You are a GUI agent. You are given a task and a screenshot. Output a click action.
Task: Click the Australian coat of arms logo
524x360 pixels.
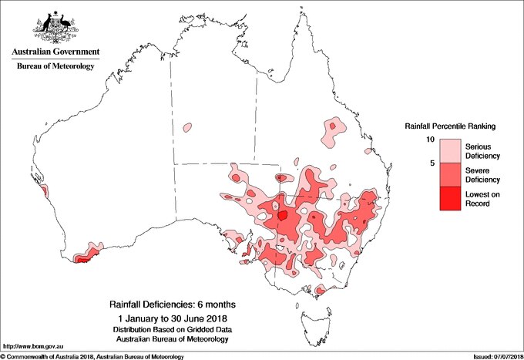pos(54,26)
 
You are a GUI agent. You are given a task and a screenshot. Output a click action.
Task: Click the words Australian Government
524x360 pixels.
pos(55,52)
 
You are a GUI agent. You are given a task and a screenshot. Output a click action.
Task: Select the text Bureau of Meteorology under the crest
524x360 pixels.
pos(55,67)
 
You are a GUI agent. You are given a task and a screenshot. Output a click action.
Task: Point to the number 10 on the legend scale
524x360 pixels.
pos(431,139)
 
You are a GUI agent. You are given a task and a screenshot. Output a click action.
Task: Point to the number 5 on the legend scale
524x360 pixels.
pos(432,163)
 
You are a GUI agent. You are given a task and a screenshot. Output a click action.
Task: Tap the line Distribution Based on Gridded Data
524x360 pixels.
pos(173,330)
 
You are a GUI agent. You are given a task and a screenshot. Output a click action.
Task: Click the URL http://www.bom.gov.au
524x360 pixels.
pos(29,345)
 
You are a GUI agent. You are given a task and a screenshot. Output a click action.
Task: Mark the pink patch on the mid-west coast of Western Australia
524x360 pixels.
pos(44,190)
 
